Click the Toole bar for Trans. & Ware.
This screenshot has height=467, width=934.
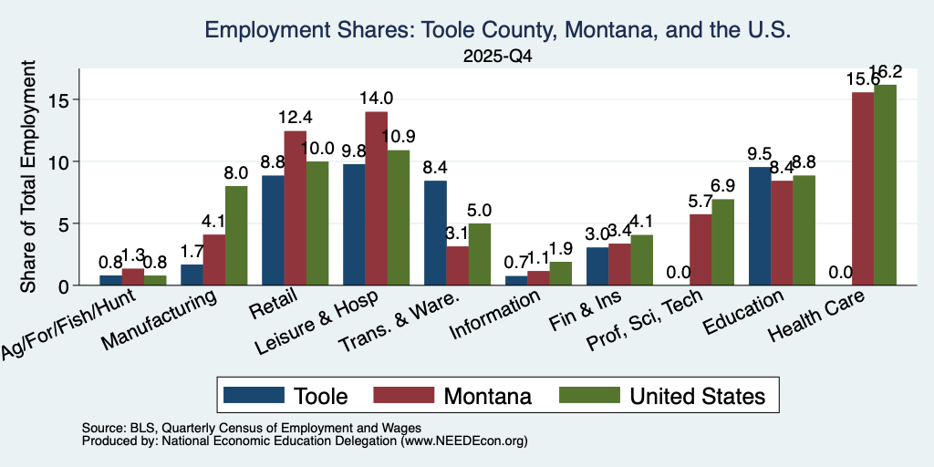(435, 233)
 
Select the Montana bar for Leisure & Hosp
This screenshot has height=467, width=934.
(377, 198)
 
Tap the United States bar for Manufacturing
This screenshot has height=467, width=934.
(236, 236)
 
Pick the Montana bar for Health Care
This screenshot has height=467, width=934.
(863, 189)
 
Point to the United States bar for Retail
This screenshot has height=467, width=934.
(317, 223)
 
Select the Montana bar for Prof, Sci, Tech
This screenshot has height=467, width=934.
(700, 250)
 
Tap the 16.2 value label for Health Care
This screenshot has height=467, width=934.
(885, 72)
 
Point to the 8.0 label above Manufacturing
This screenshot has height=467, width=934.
(236, 172)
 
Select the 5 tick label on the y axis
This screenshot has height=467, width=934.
(64, 224)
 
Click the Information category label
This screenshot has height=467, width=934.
(495, 314)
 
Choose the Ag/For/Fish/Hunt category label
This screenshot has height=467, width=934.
(67, 324)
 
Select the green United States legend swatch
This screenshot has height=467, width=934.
(590, 395)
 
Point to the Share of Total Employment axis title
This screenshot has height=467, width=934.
(28, 177)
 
